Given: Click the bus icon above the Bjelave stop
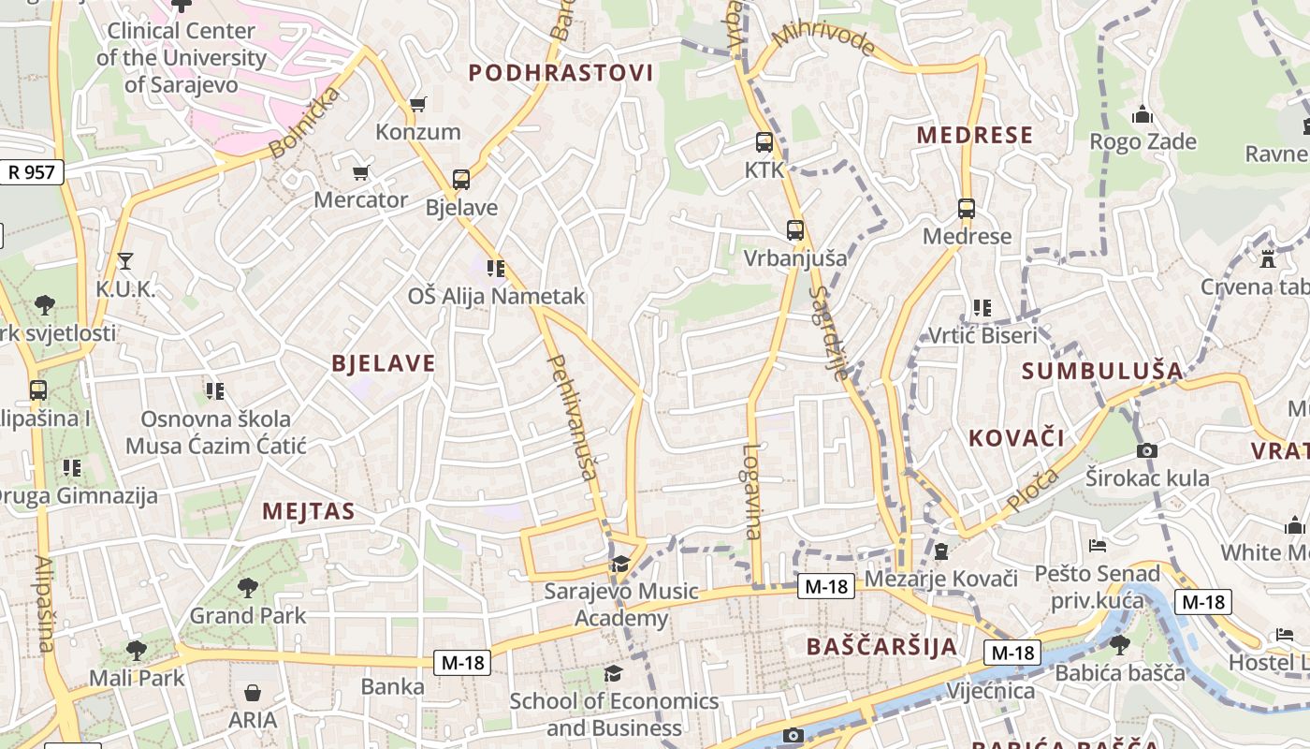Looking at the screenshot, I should (460, 179).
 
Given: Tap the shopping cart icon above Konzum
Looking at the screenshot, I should (418, 104).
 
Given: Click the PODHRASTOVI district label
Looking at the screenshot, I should (560, 73).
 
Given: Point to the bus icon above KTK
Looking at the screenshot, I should (764, 142).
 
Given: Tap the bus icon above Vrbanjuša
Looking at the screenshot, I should (795, 229).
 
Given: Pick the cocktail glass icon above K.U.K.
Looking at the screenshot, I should (125, 261).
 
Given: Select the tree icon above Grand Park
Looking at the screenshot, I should (248, 588).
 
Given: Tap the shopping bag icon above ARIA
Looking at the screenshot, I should (253, 693).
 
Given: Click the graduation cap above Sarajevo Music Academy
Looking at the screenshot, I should (620, 564).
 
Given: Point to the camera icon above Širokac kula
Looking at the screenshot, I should (1147, 450).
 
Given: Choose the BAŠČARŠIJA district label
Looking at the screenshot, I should (881, 646).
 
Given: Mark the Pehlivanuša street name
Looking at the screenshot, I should (573, 417).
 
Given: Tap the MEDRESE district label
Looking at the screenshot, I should (974, 135).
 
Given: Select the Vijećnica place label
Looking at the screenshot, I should (991, 691).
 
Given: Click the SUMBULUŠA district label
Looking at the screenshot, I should (1102, 371).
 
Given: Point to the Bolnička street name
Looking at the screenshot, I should (303, 124).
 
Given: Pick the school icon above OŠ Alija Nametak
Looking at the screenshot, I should (496, 269).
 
